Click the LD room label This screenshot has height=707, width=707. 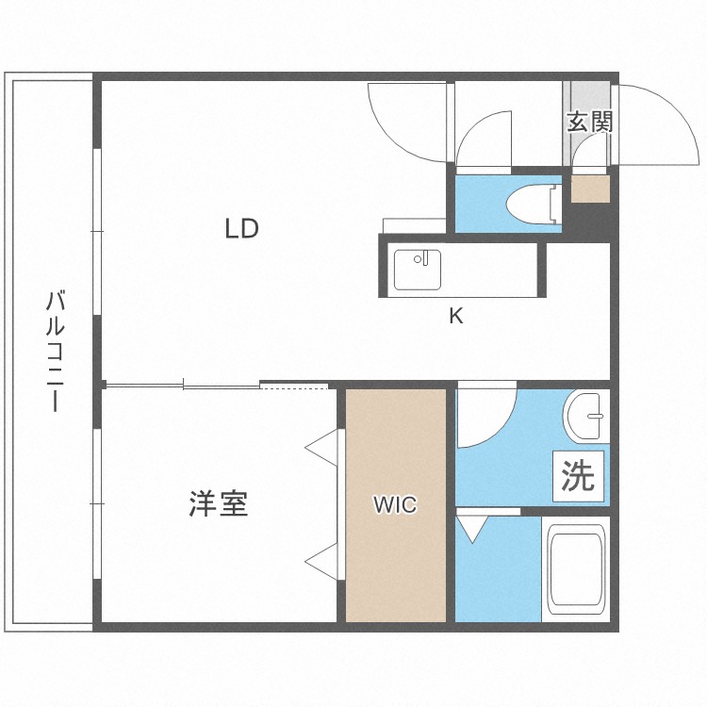(241, 228)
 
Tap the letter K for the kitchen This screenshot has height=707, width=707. (455, 317)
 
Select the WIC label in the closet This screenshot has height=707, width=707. (394, 505)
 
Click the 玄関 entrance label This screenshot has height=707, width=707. (590, 122)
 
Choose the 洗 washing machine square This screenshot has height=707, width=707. (578, 475)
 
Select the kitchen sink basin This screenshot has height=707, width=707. (417, 270)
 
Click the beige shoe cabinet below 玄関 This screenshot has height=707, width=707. (590, 189)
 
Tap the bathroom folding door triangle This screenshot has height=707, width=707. (469, 528)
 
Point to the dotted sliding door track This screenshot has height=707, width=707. (294, 386)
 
